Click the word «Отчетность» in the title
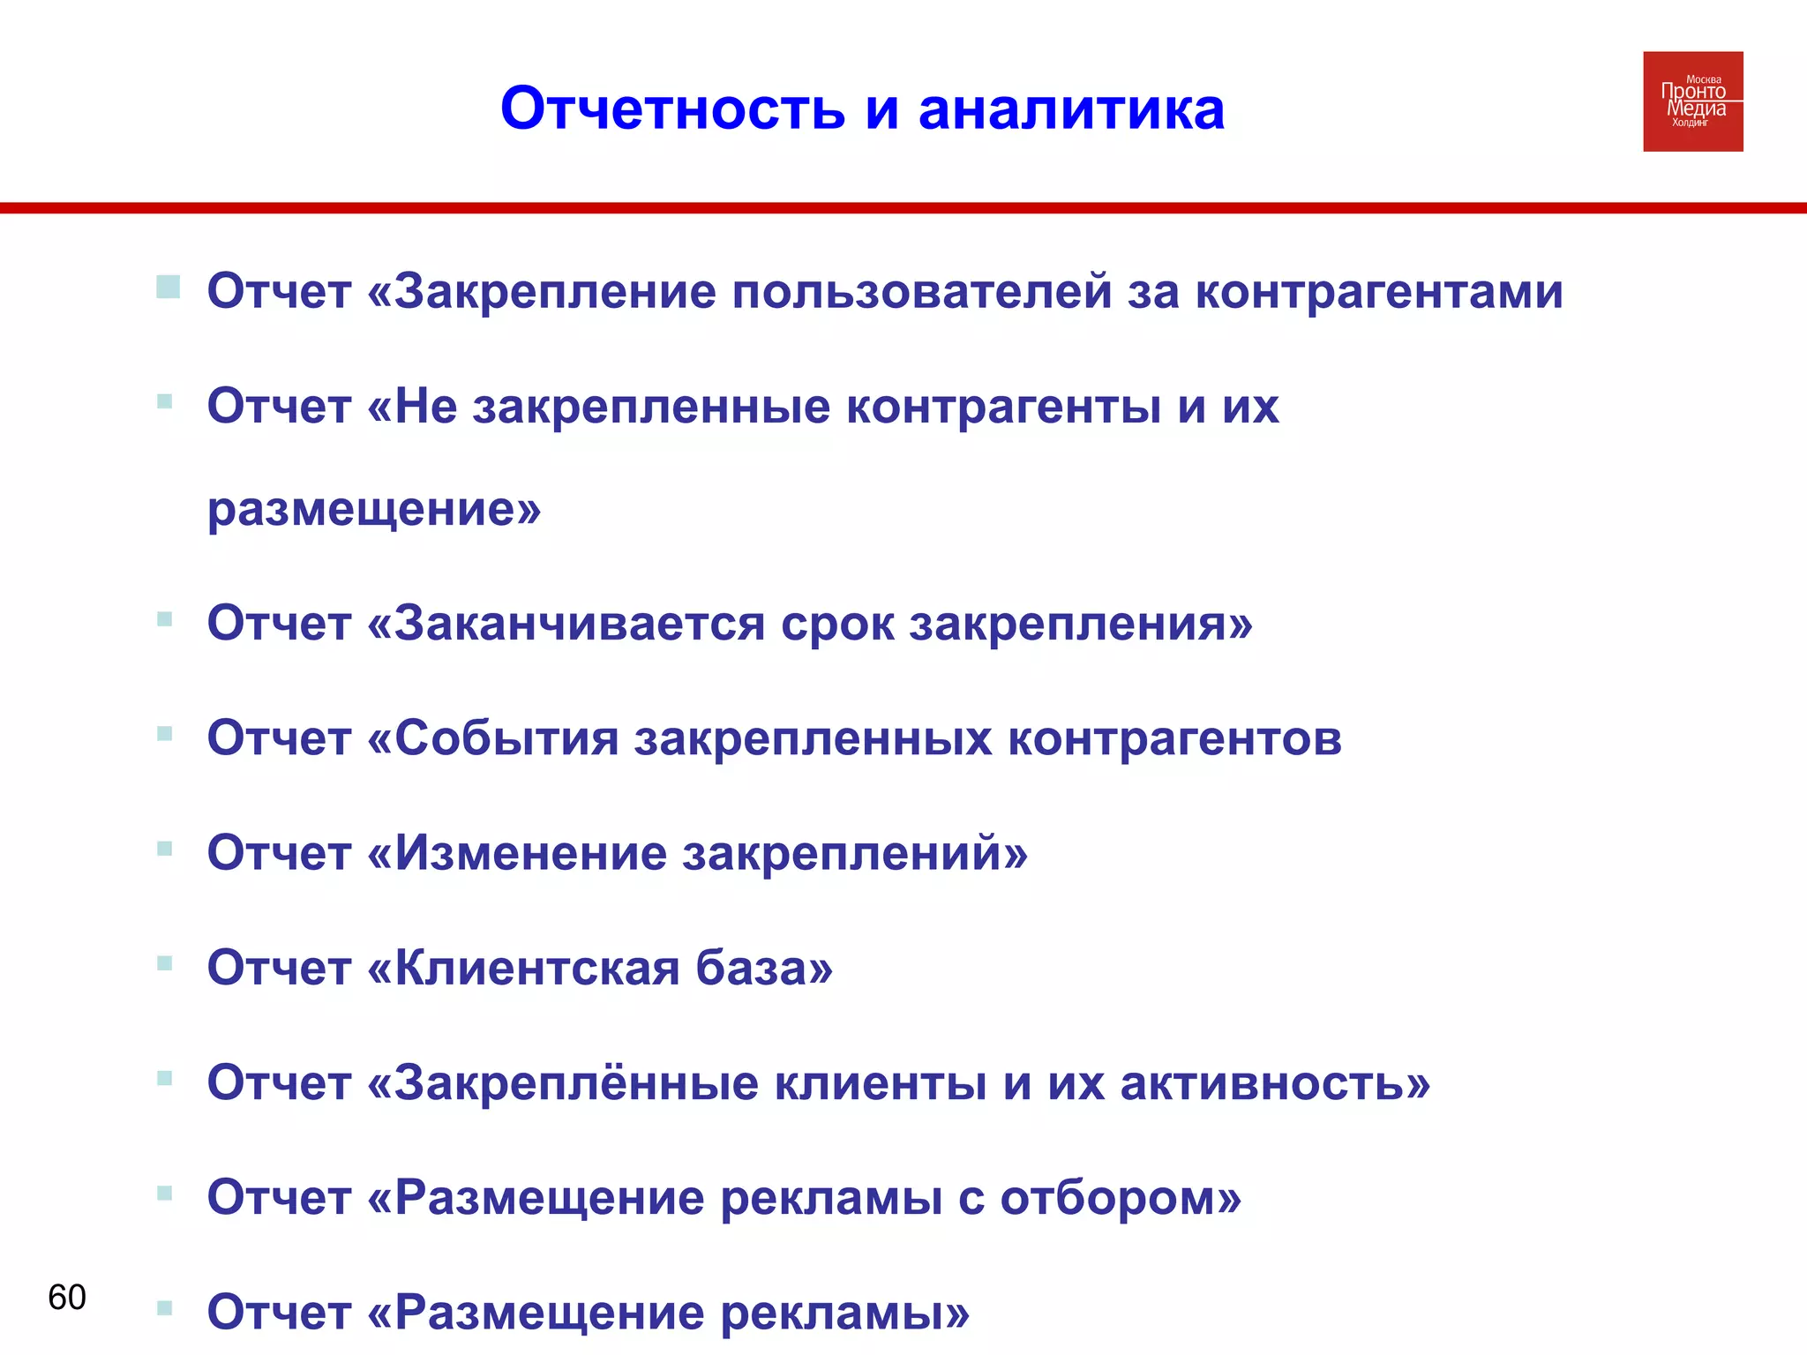tap(672, 109)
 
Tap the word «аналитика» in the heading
tap(1071, 109)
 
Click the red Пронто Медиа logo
tap(1692, 101)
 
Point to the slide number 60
tap(67, 1297)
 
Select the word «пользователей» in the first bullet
tap(921, 291)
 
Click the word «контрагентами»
tap(1378, 291)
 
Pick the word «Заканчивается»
tap(579, 624)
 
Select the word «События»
tap(506, 738)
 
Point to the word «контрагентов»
tap(1173, 738)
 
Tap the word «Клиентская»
tap(536, 968)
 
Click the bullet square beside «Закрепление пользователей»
tap(168, 287)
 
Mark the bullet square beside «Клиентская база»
tap(164, 962)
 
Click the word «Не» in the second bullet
tap(425, 406)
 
